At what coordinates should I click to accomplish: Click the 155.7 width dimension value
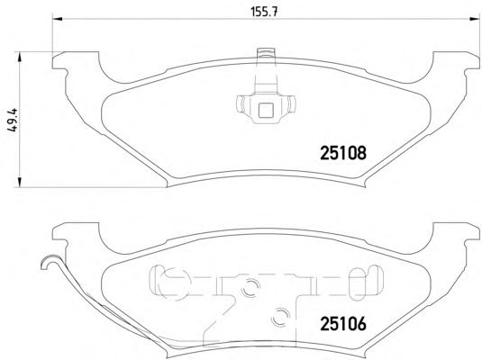click(x=265, y=12)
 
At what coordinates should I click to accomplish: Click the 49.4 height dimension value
click(x=14, y=120)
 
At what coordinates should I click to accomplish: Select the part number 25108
click(x=343, y=153)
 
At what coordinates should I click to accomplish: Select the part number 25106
click(x=343, y=324)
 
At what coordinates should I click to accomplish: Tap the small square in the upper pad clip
click(x=266, y=111)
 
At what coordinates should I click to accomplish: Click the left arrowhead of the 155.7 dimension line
click(x=58, y=19)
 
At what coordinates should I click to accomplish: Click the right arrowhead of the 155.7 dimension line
click(x=474, y=19)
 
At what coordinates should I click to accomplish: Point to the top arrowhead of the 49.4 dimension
click(x=19, y=57)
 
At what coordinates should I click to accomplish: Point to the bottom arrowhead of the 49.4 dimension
click(x=19, y=182)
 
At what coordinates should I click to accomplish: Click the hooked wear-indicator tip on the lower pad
click(x=47, y=260)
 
